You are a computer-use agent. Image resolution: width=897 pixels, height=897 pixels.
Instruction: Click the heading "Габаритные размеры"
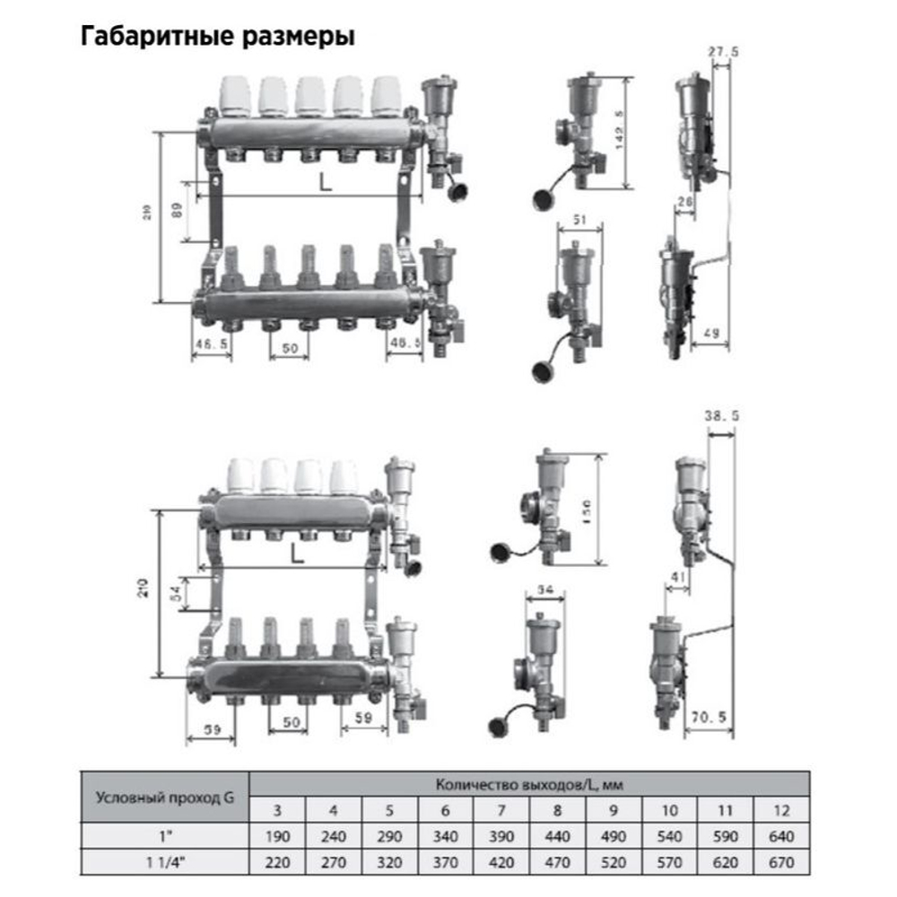(218, 37)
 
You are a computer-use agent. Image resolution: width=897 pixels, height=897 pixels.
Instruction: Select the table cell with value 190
(277, 837)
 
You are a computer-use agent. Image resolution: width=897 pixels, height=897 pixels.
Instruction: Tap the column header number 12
(781, 811)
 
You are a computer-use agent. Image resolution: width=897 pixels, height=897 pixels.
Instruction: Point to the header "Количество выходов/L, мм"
(528, 785)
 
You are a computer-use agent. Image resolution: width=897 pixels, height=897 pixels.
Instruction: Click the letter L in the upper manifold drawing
(325, 184)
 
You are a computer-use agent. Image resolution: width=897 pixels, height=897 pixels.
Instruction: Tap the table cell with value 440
(557, 837)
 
